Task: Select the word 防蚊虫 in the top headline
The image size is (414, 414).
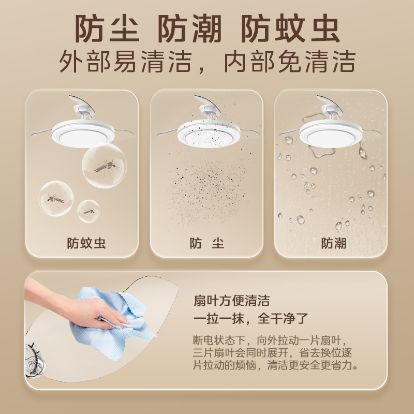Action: (291, 28)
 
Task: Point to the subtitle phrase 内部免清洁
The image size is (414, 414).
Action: (289, 62)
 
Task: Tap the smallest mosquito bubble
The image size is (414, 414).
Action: (88, 211)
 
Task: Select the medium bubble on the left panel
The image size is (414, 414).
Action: (56, 199)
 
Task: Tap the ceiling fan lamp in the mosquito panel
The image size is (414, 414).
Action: (83, 129)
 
